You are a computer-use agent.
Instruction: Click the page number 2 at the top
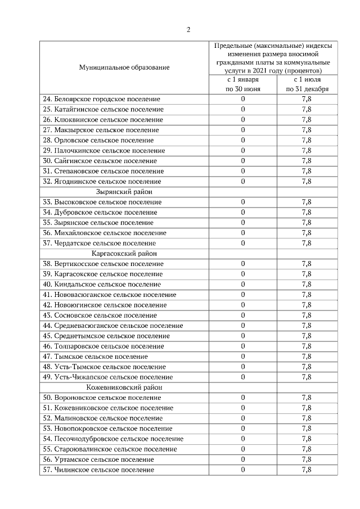(188, 30)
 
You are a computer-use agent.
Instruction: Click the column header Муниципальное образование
(124, 67)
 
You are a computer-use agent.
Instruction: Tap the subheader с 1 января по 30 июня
(243, 84)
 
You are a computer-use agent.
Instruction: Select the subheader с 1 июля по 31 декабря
(307, 84)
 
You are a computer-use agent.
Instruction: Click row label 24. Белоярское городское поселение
(102, 99)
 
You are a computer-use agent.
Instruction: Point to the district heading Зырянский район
(124, 192)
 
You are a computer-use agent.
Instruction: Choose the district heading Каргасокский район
(124, 253)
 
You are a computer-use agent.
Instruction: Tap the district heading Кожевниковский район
(124, 388)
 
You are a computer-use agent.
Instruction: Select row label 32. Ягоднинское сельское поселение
(102, 182)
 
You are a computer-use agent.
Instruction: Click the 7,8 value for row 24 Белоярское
(307, 99)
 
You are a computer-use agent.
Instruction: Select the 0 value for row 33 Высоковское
(243, 202)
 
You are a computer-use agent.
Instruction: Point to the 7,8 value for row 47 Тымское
(307, 357)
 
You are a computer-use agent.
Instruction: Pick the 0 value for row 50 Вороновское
(243, 398)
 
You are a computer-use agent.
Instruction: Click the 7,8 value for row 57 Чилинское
(307, 470)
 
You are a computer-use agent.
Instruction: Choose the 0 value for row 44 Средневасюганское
(243, 326)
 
